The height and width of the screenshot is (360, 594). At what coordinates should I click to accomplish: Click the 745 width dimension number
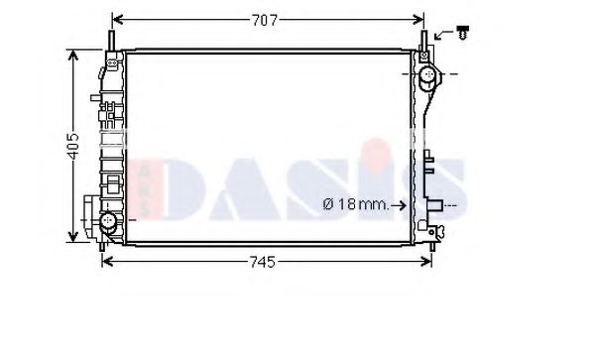click(261, 262)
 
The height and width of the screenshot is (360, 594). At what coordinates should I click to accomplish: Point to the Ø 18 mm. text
click(354, 205)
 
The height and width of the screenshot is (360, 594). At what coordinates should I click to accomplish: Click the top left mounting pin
click(110, 40)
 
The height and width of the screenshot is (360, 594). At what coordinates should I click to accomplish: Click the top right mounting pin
click(423, 40)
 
